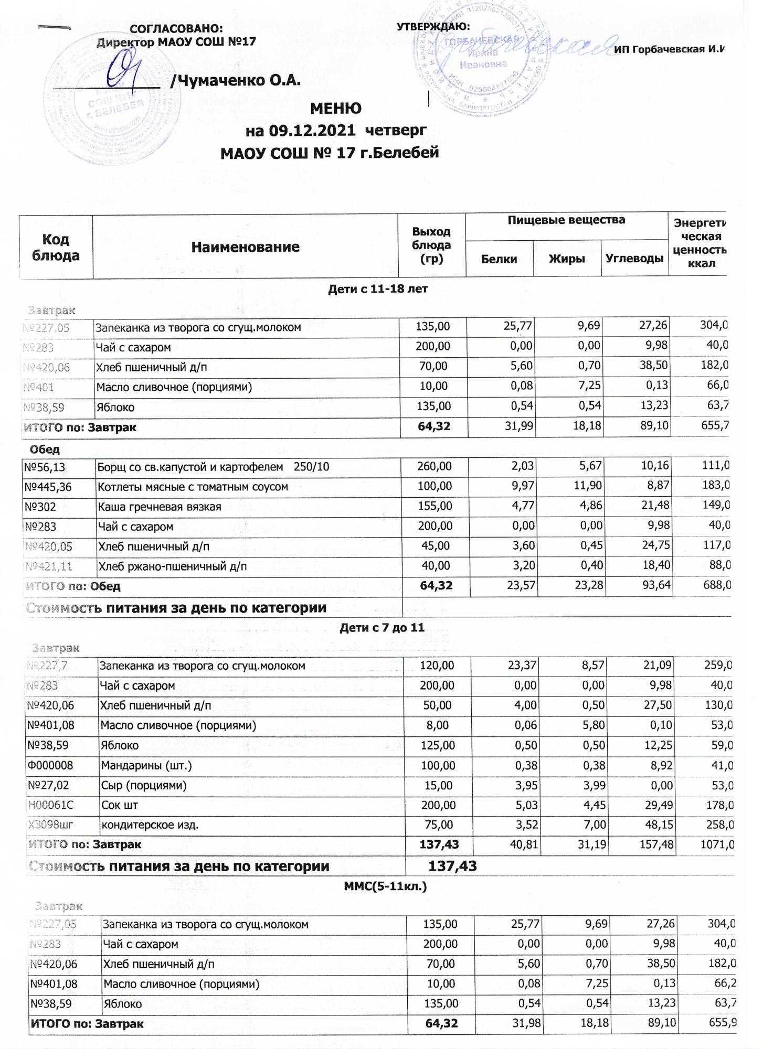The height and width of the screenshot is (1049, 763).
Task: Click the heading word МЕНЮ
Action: (336, 109)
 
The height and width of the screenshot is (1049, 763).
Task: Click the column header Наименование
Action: (246, 247)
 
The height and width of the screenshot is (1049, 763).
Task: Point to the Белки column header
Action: (499, 259)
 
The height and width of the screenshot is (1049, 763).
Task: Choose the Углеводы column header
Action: (634, 259)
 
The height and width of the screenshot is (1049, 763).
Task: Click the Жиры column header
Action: (567, 259)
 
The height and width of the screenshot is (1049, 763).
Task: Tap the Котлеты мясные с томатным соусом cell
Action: (193, 487)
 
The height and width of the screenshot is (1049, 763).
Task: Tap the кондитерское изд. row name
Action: (150, 825)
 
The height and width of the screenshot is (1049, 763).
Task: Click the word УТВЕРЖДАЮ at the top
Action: (433, 27)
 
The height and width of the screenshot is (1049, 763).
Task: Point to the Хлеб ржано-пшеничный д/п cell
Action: (173, 566)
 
